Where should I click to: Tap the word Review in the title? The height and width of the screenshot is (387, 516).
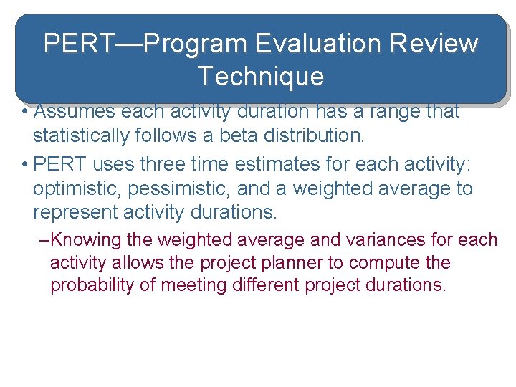(x=435, y=44)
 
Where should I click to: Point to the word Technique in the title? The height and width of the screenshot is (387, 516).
(x=261, y=76)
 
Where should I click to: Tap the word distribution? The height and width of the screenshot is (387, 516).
(x=315, y=135)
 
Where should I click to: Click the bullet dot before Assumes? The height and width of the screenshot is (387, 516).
(x=24, y=113)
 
